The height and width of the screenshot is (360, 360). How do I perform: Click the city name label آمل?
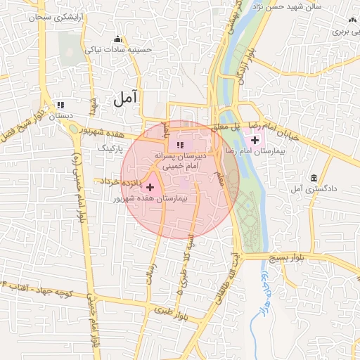point(126,100)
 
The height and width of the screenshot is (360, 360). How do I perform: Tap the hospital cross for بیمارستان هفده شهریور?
point(150,187)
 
